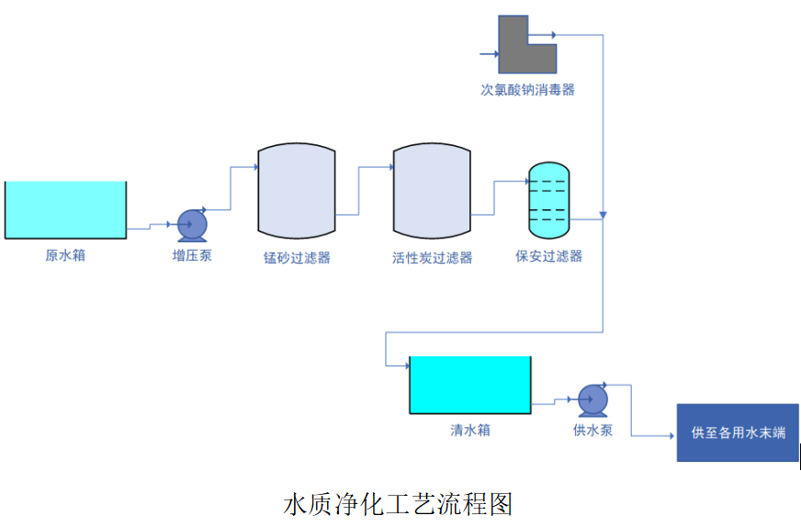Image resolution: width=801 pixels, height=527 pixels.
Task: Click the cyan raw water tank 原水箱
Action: pos(65,209)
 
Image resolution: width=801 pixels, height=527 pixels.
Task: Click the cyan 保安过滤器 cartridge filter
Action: pos(549,199)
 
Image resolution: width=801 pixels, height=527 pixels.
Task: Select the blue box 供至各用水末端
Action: pos(738,432)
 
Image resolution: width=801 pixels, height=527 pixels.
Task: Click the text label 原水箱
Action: pos(65,254)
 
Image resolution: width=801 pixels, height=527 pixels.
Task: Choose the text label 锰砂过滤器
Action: pos(297,258)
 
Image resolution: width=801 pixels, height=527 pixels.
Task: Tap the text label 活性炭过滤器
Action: pos(432,258)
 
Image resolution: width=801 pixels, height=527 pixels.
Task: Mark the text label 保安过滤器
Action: pos(549,256)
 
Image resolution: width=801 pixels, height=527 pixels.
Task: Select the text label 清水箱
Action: pos(469,429)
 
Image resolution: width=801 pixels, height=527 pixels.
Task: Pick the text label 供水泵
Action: pos(592,429)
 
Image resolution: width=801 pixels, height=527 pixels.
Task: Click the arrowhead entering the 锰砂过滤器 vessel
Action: pos(254,167)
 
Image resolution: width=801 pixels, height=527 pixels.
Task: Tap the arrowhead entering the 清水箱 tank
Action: pos(404,366)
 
